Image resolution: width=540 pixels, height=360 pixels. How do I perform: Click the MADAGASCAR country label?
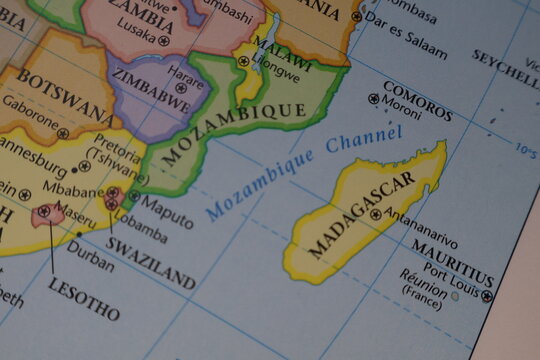[361, 215]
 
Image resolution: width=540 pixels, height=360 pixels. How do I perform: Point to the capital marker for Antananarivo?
[376, 213]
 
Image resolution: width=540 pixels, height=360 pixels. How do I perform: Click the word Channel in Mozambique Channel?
[364, 144]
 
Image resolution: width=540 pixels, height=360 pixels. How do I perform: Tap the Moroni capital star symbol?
[374, 99]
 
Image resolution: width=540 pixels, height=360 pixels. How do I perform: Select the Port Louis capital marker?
[487, 296]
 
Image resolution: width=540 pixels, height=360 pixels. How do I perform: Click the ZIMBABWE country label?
[151, 90]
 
